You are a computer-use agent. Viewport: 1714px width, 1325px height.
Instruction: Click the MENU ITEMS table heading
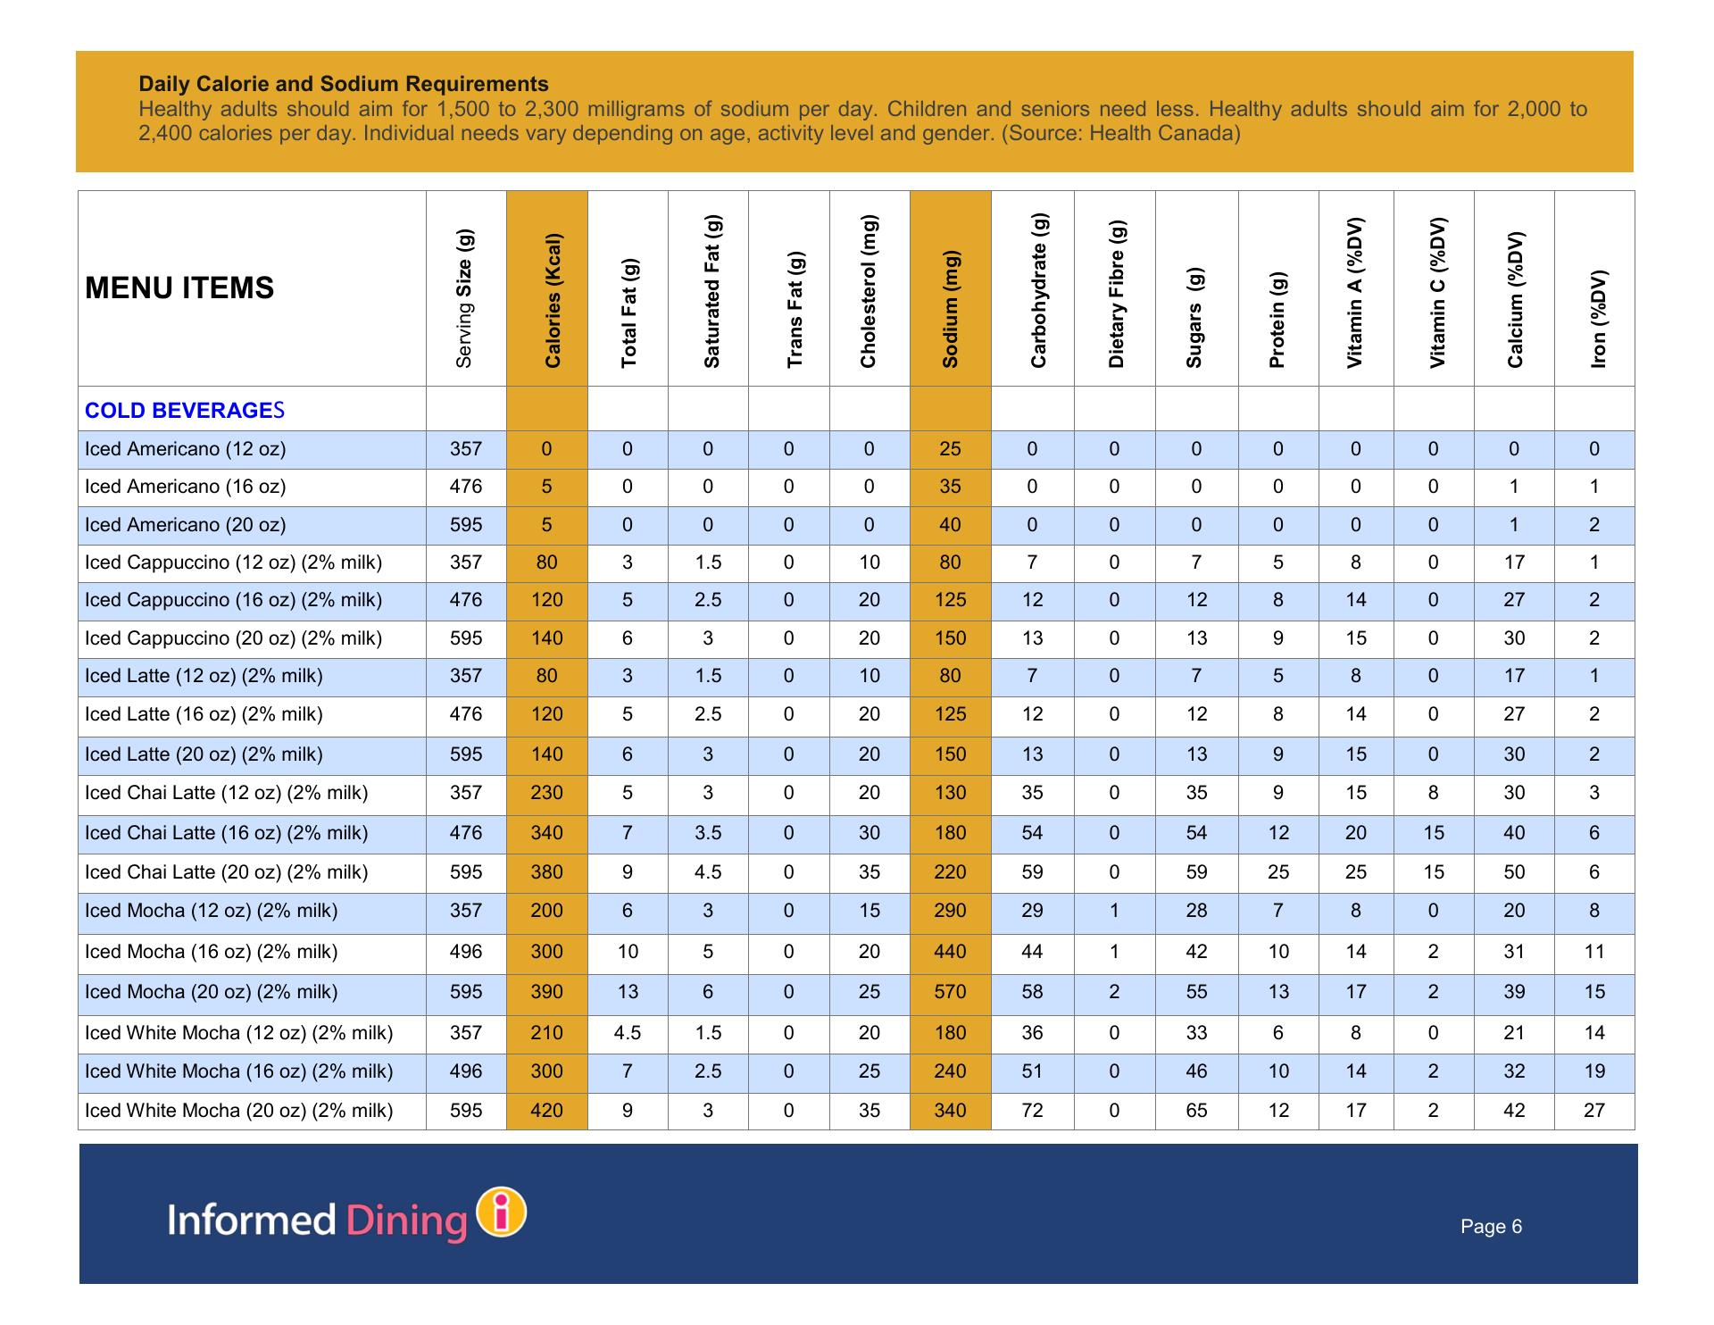pos(179,288)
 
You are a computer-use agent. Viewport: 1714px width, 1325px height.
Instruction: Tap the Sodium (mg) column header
pos(950,309)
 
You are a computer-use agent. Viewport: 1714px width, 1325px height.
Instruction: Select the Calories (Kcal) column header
pos(553,300)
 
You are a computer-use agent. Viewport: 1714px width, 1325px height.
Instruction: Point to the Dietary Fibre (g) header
pos(1116,294)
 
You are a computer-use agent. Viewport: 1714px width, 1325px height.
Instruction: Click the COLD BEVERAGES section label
pos(185,411)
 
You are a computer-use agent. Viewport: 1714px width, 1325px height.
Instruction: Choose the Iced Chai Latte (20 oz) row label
pos(226,872)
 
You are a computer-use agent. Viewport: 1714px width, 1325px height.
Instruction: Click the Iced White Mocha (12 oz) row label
pos(238,1033)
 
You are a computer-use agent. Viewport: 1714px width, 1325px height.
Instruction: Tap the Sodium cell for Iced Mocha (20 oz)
pos(950,992)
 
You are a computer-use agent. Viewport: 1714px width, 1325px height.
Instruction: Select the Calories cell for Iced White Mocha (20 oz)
pos(546,1111)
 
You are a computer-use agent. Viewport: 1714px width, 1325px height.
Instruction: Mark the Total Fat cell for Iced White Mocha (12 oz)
pos(628,1033)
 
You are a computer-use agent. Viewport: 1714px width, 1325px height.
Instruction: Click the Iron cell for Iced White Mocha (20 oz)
pos(1594,1111)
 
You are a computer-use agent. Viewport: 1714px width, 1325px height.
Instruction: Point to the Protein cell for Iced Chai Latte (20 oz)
pos(1278,872)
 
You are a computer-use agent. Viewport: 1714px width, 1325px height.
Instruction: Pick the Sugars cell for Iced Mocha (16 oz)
pos(1196,952)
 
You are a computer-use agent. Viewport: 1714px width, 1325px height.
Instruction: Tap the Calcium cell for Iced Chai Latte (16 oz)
pos(1514,833)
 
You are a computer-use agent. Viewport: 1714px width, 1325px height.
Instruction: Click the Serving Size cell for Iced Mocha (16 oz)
pos(466,952)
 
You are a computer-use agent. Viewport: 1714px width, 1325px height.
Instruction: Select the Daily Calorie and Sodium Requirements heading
pos(344,84)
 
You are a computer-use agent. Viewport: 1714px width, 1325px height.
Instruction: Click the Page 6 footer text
pos(1491,1227)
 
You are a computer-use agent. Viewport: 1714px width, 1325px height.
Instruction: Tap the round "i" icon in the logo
pos(503,1212)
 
